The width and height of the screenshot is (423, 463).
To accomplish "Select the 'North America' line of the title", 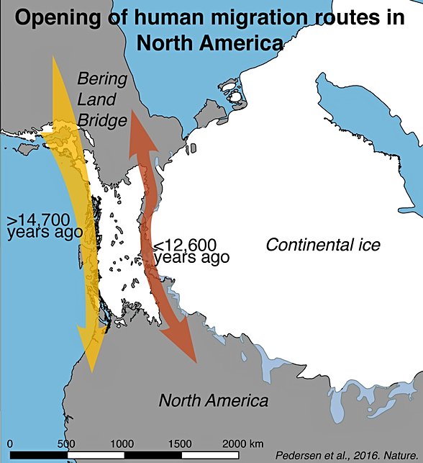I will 211,43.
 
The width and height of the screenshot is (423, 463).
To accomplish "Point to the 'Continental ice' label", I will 323,245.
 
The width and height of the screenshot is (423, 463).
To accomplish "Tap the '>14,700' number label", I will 42,220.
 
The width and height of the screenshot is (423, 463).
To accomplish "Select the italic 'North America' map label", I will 214,400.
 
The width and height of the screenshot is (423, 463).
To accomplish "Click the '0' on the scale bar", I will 10,443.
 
